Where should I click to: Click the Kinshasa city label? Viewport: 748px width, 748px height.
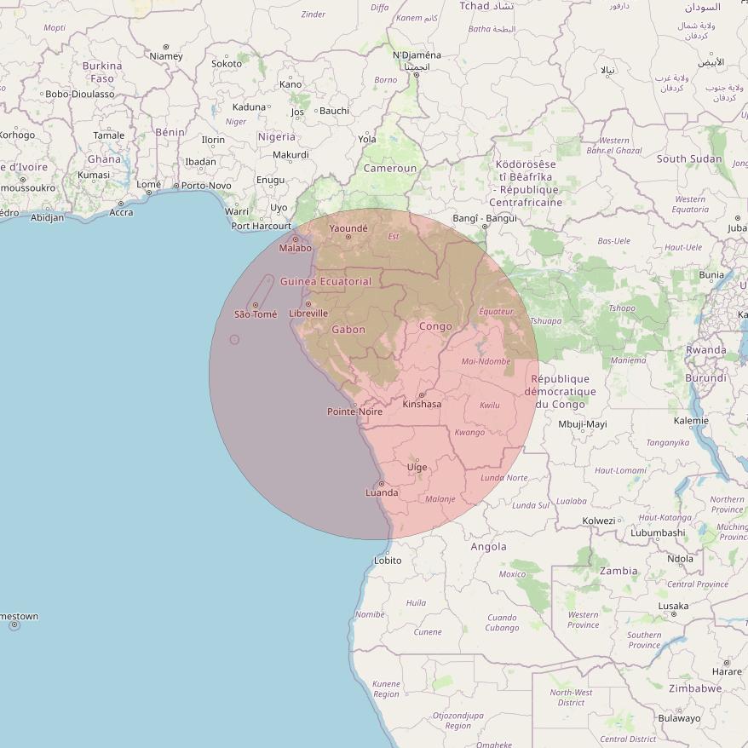[422, 404]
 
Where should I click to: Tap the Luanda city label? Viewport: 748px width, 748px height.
[382, 492]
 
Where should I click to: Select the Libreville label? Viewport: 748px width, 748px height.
[308, 314]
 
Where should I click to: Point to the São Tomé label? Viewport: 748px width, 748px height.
[256, 314]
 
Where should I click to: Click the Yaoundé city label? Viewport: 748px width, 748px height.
[348, 228]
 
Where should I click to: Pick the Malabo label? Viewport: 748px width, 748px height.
[296, 248]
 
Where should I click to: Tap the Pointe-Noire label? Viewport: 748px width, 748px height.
[355, 411]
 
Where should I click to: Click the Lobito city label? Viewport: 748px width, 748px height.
[388, 561]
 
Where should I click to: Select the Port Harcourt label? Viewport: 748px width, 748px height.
[261, 227]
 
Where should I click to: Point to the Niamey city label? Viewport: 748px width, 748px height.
[166, 56]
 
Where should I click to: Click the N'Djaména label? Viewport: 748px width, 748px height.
[417, 55]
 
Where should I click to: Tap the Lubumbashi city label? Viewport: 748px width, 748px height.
[658, 532]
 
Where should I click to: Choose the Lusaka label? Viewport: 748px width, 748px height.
[673, 607]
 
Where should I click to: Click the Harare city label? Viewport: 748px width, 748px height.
[726, 671]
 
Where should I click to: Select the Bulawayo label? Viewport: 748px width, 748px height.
[679, 718]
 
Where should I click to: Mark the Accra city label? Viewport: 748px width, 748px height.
[121, 212]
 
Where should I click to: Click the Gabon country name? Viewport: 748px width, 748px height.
[348, 330]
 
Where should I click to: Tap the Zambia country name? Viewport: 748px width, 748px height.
[619, 571]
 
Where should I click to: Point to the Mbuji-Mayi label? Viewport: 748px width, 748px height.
[583, 423]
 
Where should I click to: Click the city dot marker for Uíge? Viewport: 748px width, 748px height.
[417, 459]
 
